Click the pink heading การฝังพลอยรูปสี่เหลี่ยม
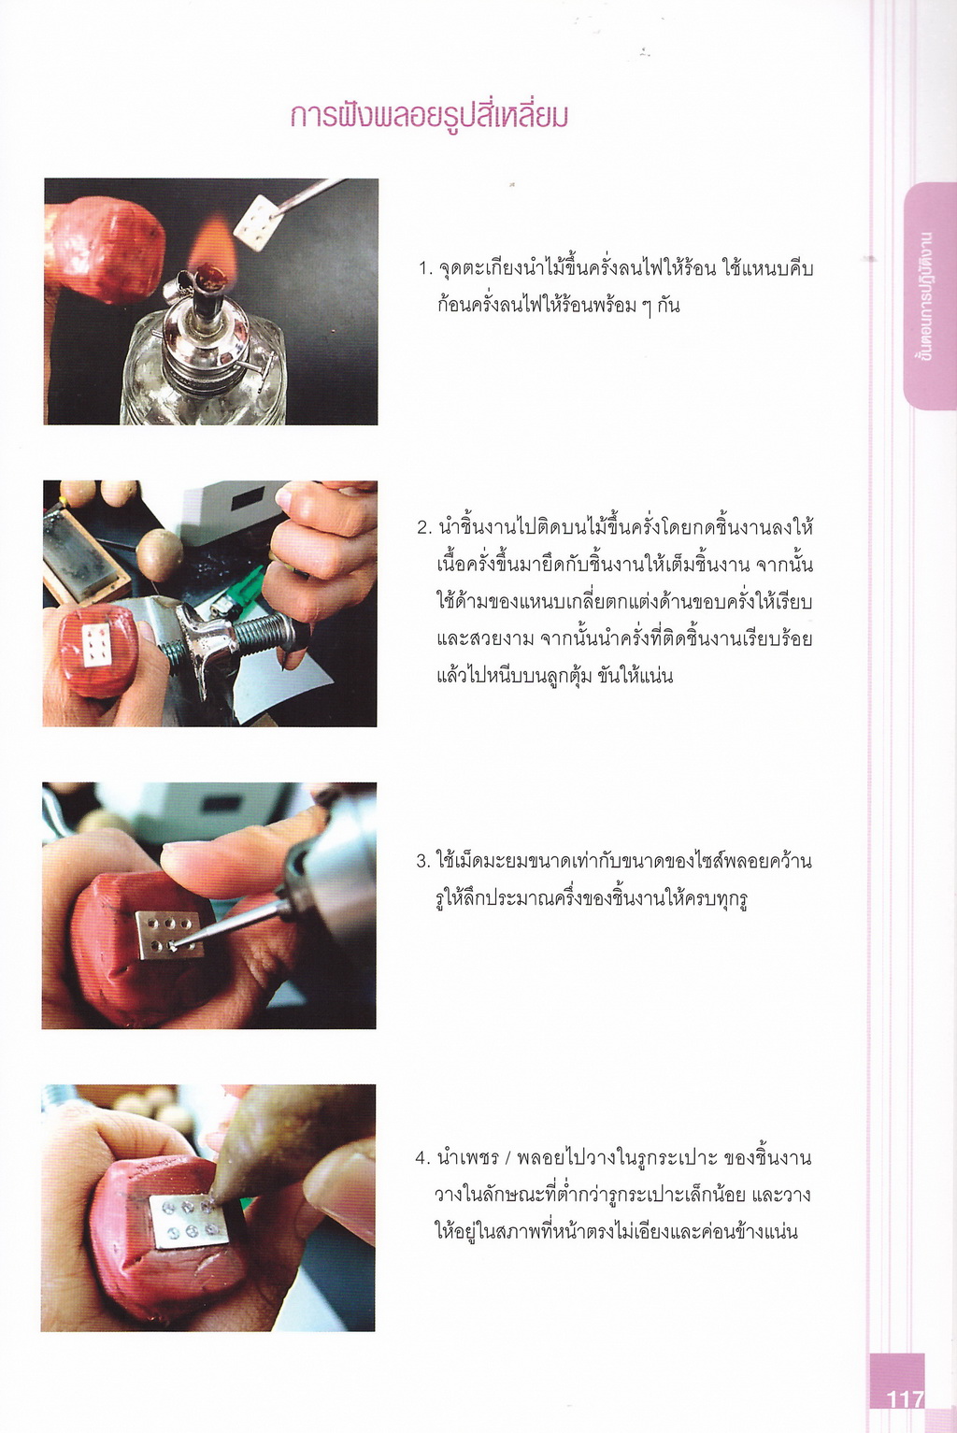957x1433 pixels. point(429,116)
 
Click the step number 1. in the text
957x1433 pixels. point(425,268)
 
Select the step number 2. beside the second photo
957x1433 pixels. point(425,527)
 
